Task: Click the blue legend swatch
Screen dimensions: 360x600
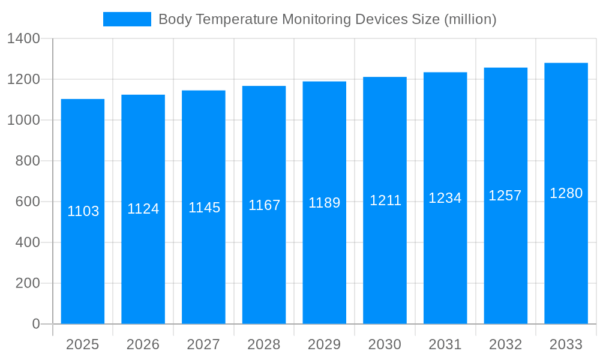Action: [x=127, y=19]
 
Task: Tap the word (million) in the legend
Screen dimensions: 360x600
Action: [x=470, y=19]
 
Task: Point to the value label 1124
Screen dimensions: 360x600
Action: [x=143, y=209]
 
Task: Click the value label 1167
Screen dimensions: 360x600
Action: [x=264, y=205]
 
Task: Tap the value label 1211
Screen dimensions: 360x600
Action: [x=385, y=200]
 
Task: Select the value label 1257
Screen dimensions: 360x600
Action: [x=505, y=196]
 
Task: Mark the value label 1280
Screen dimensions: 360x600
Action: [x=566, y=193]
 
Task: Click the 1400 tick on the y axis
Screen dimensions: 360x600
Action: [x=23, y=39]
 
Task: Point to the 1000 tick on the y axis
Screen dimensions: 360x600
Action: [x=23, y=120]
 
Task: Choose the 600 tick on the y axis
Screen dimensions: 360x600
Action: [x=28, y=202]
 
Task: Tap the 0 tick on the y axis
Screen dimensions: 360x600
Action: [x=36, y=324]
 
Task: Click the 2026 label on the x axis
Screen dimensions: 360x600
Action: [x=143, y=344]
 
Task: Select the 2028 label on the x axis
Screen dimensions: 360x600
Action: [x=264, y=344]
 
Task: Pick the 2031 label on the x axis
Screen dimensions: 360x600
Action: [x=445, y=344]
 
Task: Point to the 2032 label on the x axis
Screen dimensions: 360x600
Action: [x=505, y=344]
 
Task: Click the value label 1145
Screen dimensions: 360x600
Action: [x=204, y=208]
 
